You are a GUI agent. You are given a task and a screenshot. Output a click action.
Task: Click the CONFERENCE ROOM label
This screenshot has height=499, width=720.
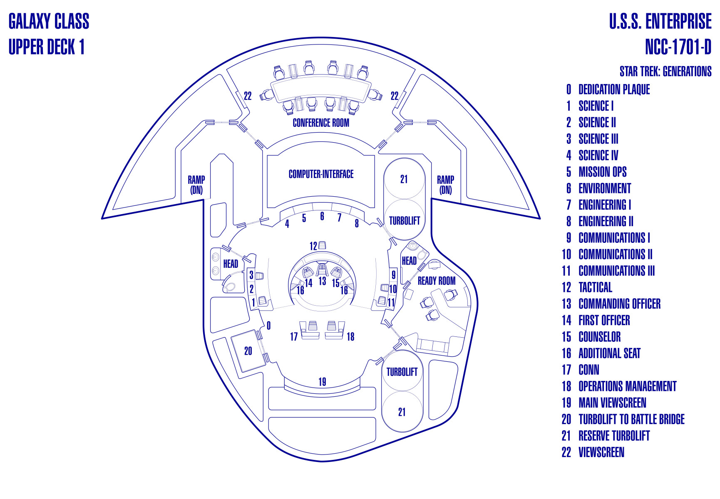[x=321, y=123]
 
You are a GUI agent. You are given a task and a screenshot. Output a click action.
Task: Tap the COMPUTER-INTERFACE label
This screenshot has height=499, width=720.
[x=321, y=174]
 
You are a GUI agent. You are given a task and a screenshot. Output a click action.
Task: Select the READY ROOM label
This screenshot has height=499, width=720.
[x=437, y=281]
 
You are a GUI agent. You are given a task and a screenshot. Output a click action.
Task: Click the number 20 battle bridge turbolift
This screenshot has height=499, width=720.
[x=248, y=351]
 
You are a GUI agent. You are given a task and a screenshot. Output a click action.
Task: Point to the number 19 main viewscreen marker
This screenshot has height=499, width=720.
[x=322, y=382]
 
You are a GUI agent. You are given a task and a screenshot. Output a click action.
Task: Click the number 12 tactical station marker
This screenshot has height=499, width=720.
[x=313, y=246]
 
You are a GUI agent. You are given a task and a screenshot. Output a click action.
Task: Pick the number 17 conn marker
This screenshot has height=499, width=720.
[x=294, y=336]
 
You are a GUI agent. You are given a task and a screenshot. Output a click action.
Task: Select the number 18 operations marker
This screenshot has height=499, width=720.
[x=350, y=336]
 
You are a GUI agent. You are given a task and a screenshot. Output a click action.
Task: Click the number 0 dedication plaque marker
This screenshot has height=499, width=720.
[x=268, y=326]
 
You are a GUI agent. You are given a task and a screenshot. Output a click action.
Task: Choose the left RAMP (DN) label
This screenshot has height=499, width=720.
[x=196, y=185]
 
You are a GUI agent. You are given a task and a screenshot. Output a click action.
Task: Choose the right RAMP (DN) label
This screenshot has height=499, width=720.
[x=445, y=185]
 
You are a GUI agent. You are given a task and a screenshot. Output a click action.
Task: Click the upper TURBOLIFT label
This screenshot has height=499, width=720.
[x=404, y=221]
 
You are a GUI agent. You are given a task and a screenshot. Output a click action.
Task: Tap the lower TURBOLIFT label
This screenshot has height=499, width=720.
[x=402, y=372]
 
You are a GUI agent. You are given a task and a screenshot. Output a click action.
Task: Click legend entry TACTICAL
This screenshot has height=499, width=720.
[x=595, y=287]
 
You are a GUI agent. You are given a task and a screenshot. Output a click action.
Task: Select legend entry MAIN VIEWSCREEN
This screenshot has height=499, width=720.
[x=612, y=403]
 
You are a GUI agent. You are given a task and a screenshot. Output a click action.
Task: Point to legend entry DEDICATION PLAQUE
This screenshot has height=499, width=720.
[x=614, y=89]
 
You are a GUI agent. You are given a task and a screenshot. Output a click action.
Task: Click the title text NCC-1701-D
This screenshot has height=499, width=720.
[x=678, y=47]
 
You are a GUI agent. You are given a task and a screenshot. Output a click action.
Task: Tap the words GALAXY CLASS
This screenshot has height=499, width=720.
[x=49, y=22]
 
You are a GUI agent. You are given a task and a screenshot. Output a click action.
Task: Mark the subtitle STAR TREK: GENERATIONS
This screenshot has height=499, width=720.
[x=665, y=72]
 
